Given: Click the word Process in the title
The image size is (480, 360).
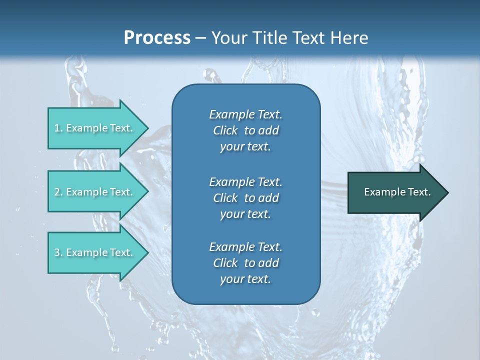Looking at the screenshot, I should tap(157, 37).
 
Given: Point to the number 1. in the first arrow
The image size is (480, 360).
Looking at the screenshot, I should tap(58, 128).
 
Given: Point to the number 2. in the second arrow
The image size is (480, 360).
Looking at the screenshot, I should tap(58, 192).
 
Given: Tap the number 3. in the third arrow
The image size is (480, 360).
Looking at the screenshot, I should tap(58, 252).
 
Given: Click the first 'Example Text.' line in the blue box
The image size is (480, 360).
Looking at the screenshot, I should tap(245, 114).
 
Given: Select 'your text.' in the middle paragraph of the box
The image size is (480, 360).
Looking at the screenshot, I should tap(245, 214).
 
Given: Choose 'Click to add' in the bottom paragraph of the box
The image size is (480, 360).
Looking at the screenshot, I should tap(245, 263).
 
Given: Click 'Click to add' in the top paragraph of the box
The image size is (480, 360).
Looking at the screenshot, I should tap(245, 130).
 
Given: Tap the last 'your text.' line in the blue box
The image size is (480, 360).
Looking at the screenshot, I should tap(245, 279).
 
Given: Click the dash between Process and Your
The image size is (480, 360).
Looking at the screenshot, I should tap(201, 38).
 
